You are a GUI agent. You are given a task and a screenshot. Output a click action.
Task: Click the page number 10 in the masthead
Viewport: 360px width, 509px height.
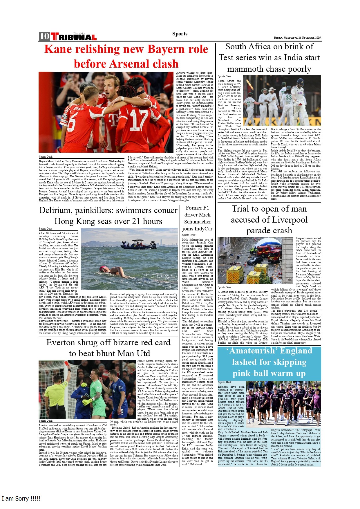click(44, 36)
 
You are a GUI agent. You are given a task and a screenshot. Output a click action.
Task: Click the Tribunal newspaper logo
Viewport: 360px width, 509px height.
click(74, 37)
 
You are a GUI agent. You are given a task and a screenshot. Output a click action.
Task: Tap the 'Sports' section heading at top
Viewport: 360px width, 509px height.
click(180, 34)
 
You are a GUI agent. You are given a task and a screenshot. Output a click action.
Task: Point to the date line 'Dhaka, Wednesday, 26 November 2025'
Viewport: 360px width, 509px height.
click(297, 38)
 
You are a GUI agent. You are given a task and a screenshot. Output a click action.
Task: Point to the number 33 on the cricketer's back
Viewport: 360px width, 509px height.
click(288, 98)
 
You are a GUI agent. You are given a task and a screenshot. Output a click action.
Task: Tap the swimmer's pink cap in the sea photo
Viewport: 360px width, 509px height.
click(103, 268)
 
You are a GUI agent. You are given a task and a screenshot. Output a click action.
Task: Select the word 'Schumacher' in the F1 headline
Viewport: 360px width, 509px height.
click(198, 222)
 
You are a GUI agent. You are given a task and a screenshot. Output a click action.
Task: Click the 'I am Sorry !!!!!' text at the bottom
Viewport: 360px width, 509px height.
click(21, 499)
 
